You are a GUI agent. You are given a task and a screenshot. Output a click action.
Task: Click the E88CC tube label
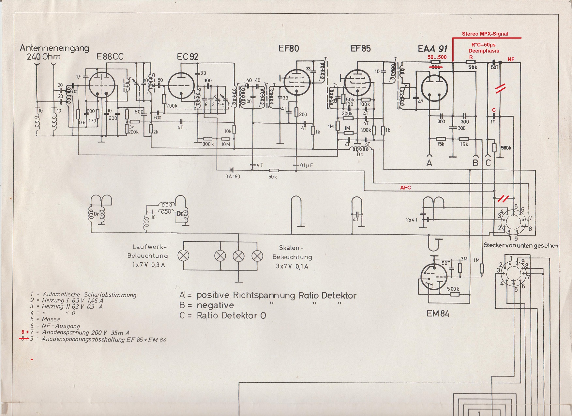[x=110, y=57]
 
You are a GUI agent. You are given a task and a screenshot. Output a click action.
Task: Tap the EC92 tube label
[x=188, y=57]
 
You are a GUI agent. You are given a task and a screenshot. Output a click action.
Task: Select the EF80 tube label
[x=289, y=49]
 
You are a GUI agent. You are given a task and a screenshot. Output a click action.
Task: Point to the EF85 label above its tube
[x=360, y=49]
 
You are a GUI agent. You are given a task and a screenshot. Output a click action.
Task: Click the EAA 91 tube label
[x=432, y=49]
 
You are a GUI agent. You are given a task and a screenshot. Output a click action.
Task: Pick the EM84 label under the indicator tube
[x=438, y=314]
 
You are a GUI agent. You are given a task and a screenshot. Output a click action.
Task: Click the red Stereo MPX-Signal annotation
[x=485, y=34]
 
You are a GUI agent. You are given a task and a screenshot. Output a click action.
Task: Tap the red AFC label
[x=405, y=188]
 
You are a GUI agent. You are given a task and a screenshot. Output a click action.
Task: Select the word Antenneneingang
[x=54, y=48]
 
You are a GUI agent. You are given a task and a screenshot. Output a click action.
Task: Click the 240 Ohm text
[x=43, y=57]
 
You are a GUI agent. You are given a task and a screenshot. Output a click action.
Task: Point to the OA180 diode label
[x=233, y=177]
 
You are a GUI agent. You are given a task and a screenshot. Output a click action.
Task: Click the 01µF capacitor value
[x=307, y=165]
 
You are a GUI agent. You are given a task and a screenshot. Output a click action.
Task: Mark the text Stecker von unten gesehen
[x=520, y=245]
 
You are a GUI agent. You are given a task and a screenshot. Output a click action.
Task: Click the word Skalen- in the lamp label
[x=289, y=248]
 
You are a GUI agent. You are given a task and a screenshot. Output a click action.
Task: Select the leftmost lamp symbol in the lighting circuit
[x=183, y=256]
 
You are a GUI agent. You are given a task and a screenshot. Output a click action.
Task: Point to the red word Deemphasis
[x=484, y=51]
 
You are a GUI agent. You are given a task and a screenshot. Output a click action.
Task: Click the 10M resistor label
[x=226, y=144]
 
